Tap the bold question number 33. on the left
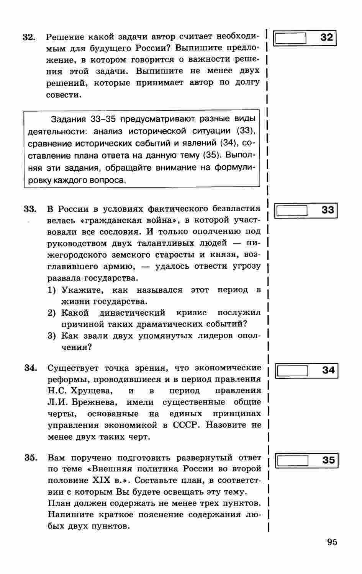30,209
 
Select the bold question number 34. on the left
31,368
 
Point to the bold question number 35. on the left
31,458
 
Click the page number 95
332,542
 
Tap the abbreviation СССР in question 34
186,426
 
